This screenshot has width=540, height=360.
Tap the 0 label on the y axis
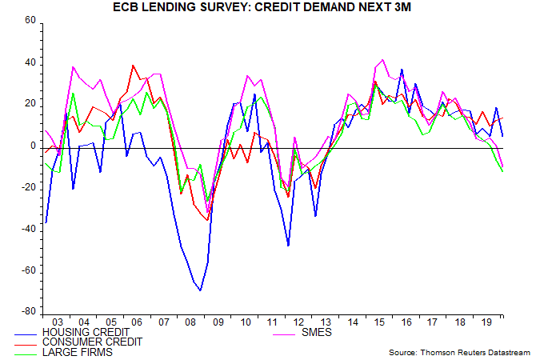click(x=33, y=146)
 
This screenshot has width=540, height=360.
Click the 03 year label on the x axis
click(x=57, y=321)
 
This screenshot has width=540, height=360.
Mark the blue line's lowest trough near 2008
click(x=200, y=290)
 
